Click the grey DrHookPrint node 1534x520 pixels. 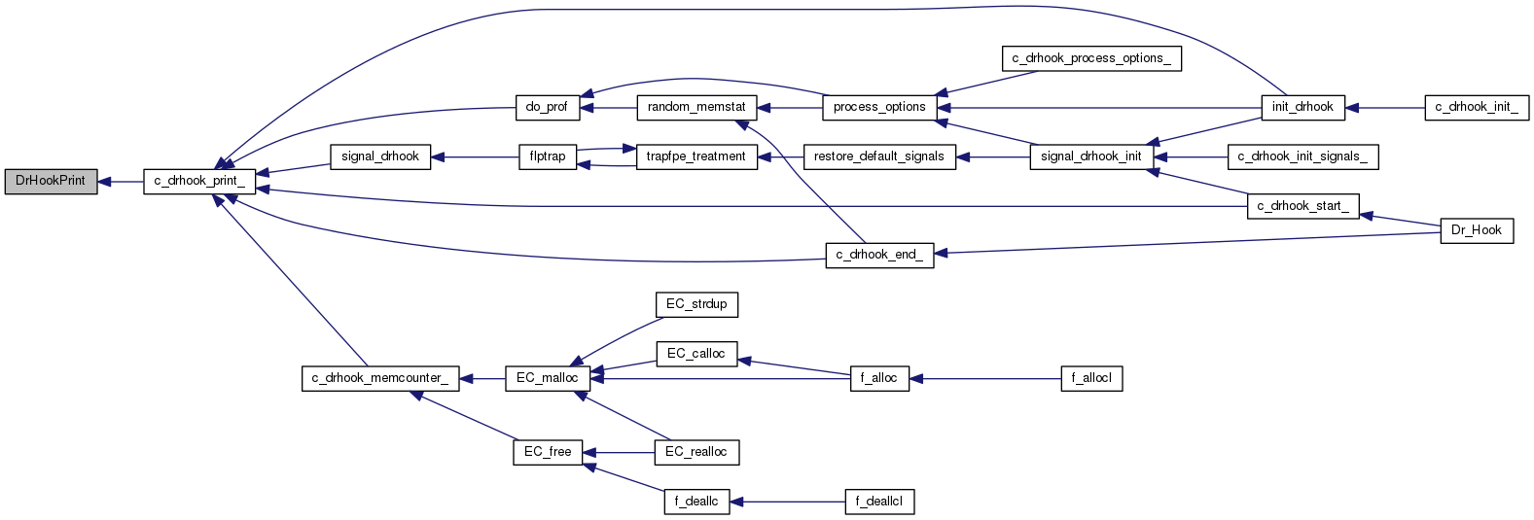tap(51, 181)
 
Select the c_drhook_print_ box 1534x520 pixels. tap(199, 181)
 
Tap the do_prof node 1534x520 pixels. tap(547, 107)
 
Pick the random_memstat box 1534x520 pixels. tap(696, 107)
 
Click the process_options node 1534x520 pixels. tap(879, 107)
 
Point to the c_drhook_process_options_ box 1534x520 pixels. tap(1091, 58)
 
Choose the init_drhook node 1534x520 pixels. tap(1302, 107)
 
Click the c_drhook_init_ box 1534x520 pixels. tap(1477, 107)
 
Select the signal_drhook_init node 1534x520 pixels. tap(1091, 156)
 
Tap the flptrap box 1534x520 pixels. tap(548, 156)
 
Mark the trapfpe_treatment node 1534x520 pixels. tap(696, 156)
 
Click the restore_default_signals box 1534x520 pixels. tap(879, 156)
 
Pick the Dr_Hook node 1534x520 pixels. tap(1477, 230)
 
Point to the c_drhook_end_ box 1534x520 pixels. tap(879, 255)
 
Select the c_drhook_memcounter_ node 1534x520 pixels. tap(379, 378)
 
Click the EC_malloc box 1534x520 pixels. tap(547, 378)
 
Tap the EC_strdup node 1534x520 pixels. tap(696, 304)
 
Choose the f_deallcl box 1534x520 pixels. tap(879, 502)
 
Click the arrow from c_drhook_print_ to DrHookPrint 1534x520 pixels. tap(121, 182)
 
